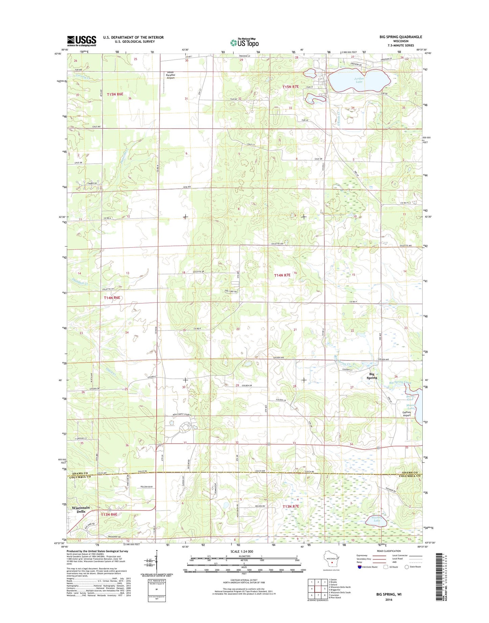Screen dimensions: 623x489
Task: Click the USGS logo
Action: point(82,41)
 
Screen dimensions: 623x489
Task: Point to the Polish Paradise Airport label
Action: point(171,75)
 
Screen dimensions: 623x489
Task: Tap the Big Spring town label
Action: point(372,376)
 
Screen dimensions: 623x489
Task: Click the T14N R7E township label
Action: point(282,275)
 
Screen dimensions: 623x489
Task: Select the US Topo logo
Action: point(244,42)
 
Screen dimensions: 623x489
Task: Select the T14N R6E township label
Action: point(112,298)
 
